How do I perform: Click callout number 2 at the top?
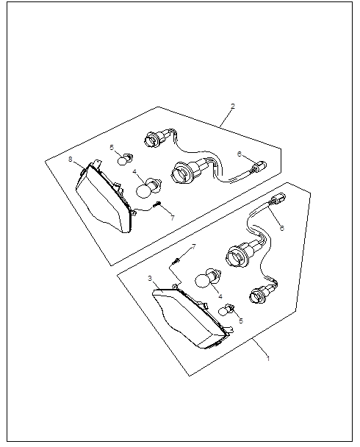tap(233, 107)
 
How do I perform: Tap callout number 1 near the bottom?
tap(267, 358)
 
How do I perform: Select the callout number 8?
tap(71, 159)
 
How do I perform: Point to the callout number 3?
tap(150, 278)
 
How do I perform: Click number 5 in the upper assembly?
tap(112, 147)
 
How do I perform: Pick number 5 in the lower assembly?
tap(241, 321)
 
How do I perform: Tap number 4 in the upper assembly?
tap(134, 171)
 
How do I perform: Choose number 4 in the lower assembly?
tap(220, 296)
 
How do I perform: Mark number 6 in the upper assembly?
tap(240, 154)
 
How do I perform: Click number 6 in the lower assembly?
tap(281, 228)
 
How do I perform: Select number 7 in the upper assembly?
tap(173, 218)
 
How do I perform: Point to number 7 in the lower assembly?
tap(194, 246)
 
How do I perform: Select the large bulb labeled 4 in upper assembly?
tap(148, 187)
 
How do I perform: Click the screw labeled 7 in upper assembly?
tap(157, 204)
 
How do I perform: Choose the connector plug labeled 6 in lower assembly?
tap(278, 198)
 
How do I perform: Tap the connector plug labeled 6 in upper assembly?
tap(259, 166)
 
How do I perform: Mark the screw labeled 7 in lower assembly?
tap(176, 260)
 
